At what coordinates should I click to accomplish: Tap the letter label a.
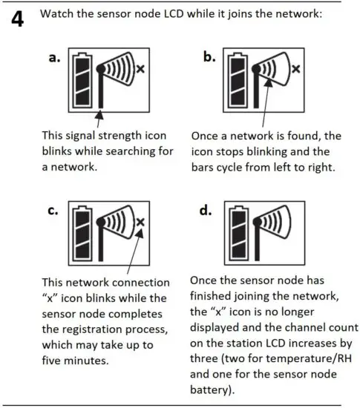pos(54,60)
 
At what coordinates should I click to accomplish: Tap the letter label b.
pos(210,59)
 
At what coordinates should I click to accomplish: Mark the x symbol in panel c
pos(140,221)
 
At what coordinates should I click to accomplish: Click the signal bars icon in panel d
pos(268,227)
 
